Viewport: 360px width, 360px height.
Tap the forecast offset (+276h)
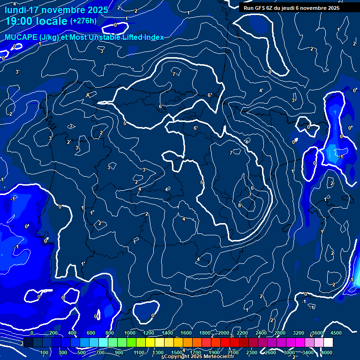(x=83, y=21)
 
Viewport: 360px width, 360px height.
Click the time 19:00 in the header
(x=20, y=21)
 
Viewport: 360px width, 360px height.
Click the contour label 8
(x=240, y=205)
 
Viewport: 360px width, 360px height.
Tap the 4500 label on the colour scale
(x=336, y=333)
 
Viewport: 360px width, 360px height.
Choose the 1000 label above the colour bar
(x=130, y=333)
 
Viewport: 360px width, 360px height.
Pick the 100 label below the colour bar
(x=45, y=352)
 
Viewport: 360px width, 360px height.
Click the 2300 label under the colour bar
(x=251, y=352)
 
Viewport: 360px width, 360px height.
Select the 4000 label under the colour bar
(x=327, y=352)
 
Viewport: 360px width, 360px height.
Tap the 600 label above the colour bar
(x=91, y=333)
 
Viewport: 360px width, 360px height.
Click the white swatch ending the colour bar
(x=328, y=343)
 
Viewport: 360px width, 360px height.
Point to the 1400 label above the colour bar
(x=167, y=333)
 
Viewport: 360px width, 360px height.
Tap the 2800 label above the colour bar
(x=280, y=333)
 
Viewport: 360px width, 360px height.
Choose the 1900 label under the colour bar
(x=214, y=352)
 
